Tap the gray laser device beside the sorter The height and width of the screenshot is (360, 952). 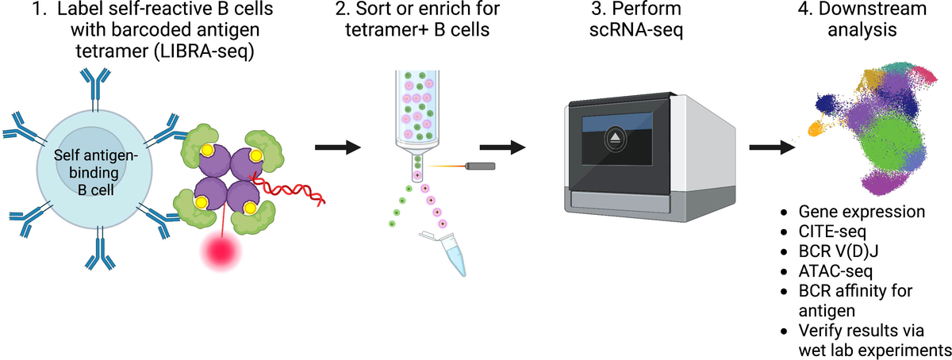(x=482, y=166)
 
